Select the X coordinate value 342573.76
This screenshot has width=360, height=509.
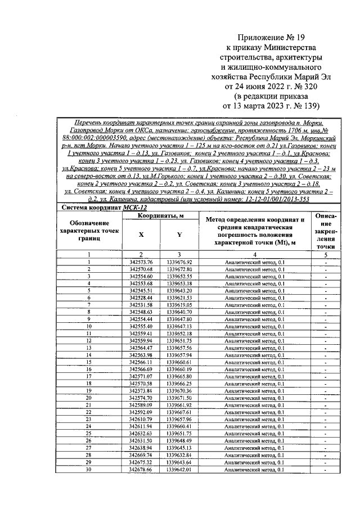click(x=141, y=262)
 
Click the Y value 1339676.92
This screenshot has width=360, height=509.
click(x=179, y=262)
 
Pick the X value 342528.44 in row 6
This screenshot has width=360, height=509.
click(x=141, y=298)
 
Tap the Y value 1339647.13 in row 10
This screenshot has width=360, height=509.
click(x=179, y=326)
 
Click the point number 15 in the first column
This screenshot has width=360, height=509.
click(x=89, y=362)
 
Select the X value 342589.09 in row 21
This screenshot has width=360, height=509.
click(x=141, y=405)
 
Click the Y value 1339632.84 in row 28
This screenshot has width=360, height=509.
click(x=179, y=455)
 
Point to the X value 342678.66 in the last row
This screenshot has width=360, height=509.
click(x=141, y=470)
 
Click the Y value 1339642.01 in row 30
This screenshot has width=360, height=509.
click(x=179, y=470)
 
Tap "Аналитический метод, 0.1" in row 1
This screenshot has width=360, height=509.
click(x=254, y=262)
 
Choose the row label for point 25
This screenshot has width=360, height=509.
click(x=89, y=434)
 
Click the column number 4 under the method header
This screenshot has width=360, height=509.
click(x=254, y=255)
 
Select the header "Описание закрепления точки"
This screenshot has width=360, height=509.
click(x=326, y=231)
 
